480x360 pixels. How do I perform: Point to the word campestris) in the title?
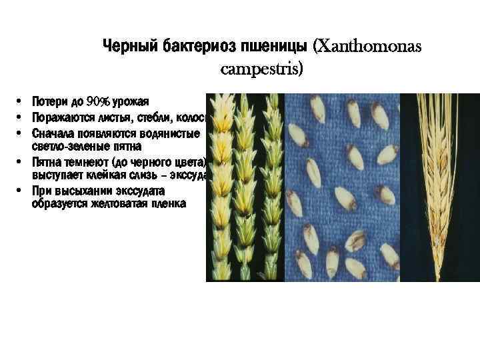(261, 68)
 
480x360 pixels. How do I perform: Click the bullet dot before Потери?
(22, 102)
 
